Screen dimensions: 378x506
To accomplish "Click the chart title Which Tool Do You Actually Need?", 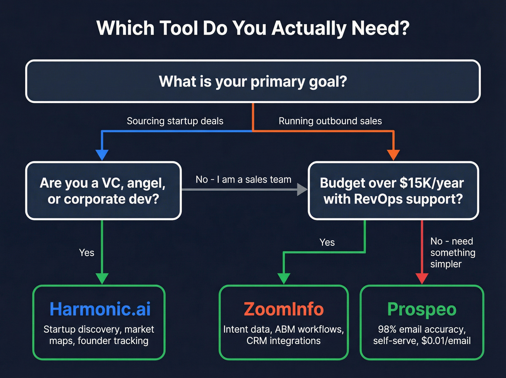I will click(253, 28).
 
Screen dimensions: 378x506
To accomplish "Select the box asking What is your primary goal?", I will click(253, 81).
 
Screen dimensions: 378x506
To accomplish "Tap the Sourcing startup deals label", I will click(175, 121).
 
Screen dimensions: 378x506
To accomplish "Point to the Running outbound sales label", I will click(330, 121).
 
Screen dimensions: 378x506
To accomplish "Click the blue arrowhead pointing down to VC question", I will click(102, 154).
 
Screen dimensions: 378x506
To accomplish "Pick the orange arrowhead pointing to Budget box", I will click(393, 154).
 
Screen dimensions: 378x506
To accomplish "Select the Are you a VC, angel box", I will click(103, 191).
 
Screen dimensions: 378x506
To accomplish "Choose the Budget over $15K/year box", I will click(393, 191).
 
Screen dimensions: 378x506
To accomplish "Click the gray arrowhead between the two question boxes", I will click(302, 189).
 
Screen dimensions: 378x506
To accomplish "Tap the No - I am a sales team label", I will click(243, 179).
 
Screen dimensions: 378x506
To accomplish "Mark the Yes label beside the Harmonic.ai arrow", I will click(87, 252).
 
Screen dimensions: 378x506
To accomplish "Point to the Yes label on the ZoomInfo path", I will click(327, 242).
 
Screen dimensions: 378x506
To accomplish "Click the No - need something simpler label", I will click(453, 252).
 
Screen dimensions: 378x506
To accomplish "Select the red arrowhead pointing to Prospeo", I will click(422, 278).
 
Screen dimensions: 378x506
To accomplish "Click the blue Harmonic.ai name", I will click(100, 309).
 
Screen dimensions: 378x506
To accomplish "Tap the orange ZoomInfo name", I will click(284, 309).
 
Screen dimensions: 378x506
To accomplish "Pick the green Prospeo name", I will click(422, 309).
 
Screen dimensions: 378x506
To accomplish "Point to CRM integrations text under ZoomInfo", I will click(284, 341).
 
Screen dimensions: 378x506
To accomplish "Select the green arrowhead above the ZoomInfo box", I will click(284, 278).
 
